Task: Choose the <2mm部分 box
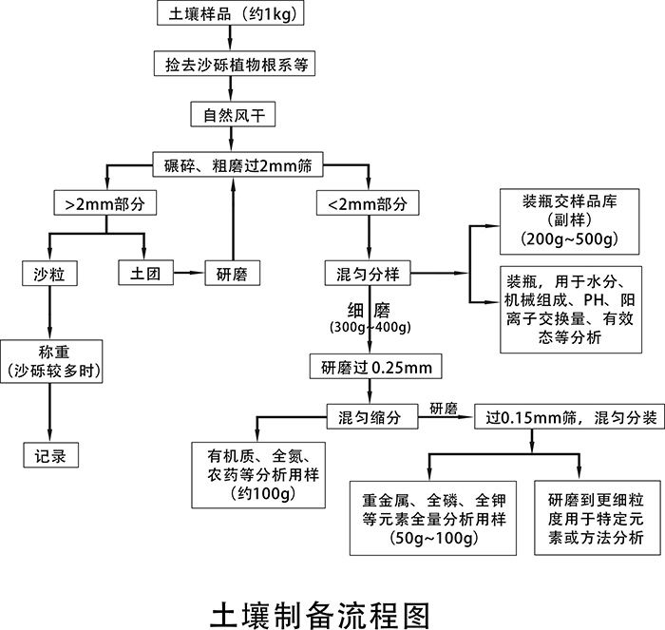coord(367,203)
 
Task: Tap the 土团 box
coord(145,274)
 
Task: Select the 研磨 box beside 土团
coord(233,274)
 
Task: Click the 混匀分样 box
coord(367,274)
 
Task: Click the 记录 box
coord(48,453)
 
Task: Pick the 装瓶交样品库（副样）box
coord(570,220)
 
